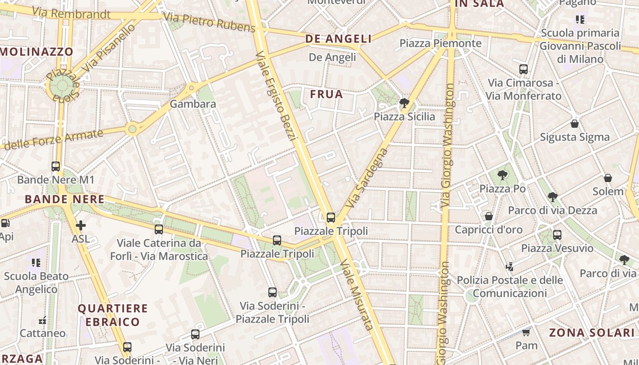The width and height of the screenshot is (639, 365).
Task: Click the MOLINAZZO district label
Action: [x=37, y=52]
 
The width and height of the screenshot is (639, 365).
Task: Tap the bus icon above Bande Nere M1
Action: [x=56, y=167]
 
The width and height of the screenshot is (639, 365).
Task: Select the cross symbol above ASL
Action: [x=81, y=225]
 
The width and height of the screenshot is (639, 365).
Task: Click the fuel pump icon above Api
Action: [x=5, y=224]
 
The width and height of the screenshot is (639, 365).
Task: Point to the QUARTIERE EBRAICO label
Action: [x=112, y=315]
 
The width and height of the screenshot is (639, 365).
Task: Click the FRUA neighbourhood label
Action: [x=326, y=94]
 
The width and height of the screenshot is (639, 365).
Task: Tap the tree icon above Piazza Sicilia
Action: [x=404, y=103]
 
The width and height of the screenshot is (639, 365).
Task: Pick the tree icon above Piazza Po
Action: [x=502, y=175]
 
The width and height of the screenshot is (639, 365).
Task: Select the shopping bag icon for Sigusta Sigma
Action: [x=575, y=124]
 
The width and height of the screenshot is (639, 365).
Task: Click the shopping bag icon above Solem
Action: [x=608, y=178]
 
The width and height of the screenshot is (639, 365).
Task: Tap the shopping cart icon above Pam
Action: [x=526, y=332]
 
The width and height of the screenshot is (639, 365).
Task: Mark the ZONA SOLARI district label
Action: [x=592, y=333]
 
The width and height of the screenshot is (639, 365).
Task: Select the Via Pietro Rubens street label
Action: [x=209, y=23]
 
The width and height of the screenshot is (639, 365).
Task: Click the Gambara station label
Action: [x=193, y=104]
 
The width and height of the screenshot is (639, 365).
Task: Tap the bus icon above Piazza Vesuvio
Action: [x=557, y=235]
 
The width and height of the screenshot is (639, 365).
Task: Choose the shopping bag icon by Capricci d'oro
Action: [x=488, y=216]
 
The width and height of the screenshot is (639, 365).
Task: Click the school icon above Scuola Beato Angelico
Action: [x=36, y=263]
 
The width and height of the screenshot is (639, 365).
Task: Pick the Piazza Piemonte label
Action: [x=440, y=43]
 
